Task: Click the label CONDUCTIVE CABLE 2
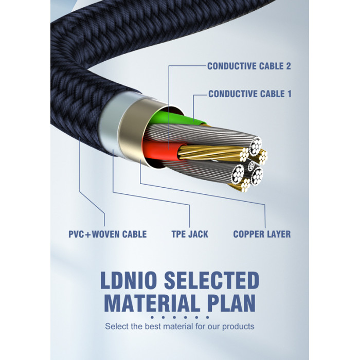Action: (x=249, y=66)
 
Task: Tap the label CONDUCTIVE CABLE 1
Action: (x=250, y=94)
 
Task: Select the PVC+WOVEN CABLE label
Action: (x=107, y=234)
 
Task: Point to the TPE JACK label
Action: (x=190, y=234)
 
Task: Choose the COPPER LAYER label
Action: (x=262, y=234)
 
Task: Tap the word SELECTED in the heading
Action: (x=212, y=280)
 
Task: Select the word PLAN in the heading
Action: (x=231, y=302)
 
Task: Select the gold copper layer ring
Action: (x=131, y=129)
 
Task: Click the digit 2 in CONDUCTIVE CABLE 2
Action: (x=288, y=66)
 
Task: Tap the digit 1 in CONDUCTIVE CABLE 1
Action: (x=289, y=94)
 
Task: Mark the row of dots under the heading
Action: (x=180, y=317)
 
